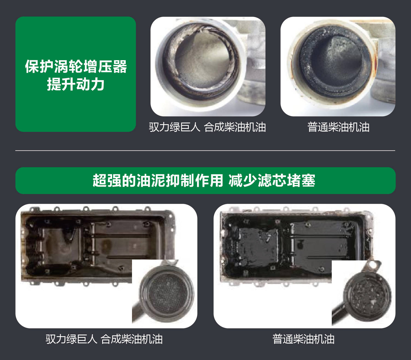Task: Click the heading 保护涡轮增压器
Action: (76, 66)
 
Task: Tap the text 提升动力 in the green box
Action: (76, 84)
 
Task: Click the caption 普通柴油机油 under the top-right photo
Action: (338, 127)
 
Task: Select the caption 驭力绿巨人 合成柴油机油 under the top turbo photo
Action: (207, 127)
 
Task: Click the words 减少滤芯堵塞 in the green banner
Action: (272, 180)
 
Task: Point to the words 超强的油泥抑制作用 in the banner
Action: (158, 180)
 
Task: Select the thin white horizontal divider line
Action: (205, 150)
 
